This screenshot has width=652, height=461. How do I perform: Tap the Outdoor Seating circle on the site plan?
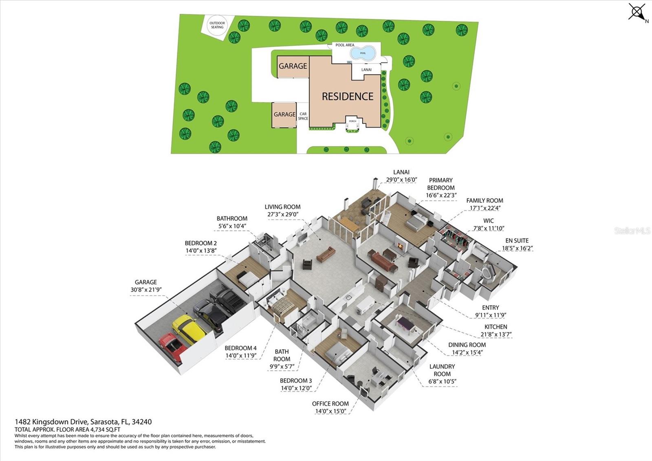click(x=217, y=25)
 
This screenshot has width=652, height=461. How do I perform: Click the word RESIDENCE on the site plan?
click(x=348, y=96)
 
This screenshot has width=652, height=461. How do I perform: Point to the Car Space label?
click(x=303, y=116)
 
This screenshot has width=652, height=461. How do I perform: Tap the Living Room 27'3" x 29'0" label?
click(x=282, y=211)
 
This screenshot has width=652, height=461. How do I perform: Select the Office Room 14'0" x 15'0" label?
click(x=330, y=407)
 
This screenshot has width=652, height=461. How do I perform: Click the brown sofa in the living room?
click(x=326, y=254)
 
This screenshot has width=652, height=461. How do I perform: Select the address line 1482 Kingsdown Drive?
click(x=83, y=422)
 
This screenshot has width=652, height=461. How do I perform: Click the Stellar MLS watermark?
click(x=632, y=231)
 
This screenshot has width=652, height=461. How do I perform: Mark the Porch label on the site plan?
click(x=352, y=121)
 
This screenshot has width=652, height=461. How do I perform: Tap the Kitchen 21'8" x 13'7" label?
click(x=496, y=330)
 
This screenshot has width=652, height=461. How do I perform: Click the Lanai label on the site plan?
click(x=366, y=70)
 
